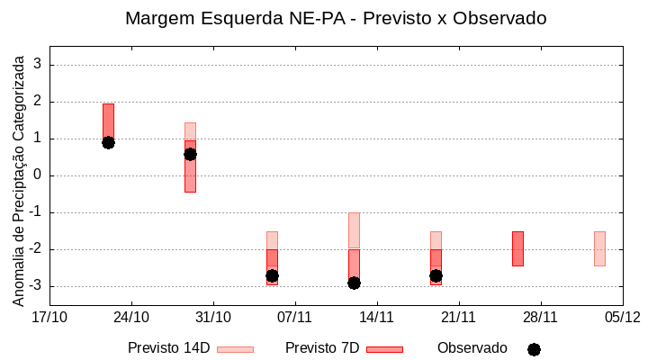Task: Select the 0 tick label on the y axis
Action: tap(38, 175)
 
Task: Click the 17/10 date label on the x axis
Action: tap(49, 317)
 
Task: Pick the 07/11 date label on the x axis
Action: tap(294, 317)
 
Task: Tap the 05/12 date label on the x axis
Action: tap(622, 317)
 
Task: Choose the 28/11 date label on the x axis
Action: tap(540, 317)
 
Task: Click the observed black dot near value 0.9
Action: tap(108, 142)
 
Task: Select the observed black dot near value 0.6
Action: tap(190, 154)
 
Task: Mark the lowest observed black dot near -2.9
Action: tap(354, 283)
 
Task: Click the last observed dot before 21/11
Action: tap(436, 275)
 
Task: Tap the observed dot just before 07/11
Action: tap(272, 275)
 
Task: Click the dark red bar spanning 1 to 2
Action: tap(108, 121)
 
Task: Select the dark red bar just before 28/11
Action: tap(517, 248)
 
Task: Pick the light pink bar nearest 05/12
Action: tap(599, 248)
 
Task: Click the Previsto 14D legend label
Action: tap(168, 348)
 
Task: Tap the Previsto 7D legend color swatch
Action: tap(384, 349)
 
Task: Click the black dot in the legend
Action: tap(534, 349)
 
